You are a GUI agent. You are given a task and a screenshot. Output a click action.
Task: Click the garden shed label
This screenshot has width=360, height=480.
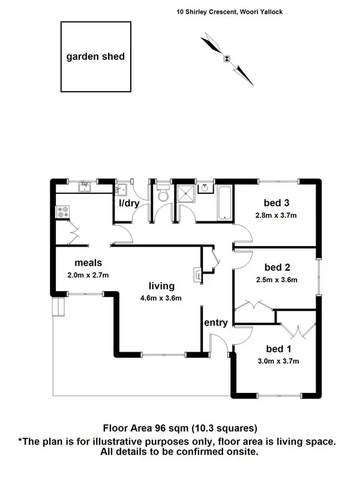click(x=96, y=57)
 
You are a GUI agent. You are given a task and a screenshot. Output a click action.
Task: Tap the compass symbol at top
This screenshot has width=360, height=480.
click(x=227, y=58)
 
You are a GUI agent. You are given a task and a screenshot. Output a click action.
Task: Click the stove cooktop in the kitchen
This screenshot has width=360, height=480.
click(x=62, y=212)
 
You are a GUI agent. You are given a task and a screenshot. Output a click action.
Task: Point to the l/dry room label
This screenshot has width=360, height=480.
click(x=129, y=203)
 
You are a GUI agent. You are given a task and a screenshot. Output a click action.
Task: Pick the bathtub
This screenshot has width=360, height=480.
click(x=224, y=203)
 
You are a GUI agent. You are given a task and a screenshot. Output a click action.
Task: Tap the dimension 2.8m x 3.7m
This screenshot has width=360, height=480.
click(x=277, y=215)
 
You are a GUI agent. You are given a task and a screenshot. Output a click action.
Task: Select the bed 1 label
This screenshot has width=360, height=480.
click(x=278, y=349)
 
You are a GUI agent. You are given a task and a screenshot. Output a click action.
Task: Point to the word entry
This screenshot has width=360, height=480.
click(x=215, y=323)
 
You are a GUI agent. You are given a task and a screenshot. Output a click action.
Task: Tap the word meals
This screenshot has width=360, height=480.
click(x=88, y=263)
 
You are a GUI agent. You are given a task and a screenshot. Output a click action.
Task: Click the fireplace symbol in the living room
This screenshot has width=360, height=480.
click(x=196, y=274)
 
